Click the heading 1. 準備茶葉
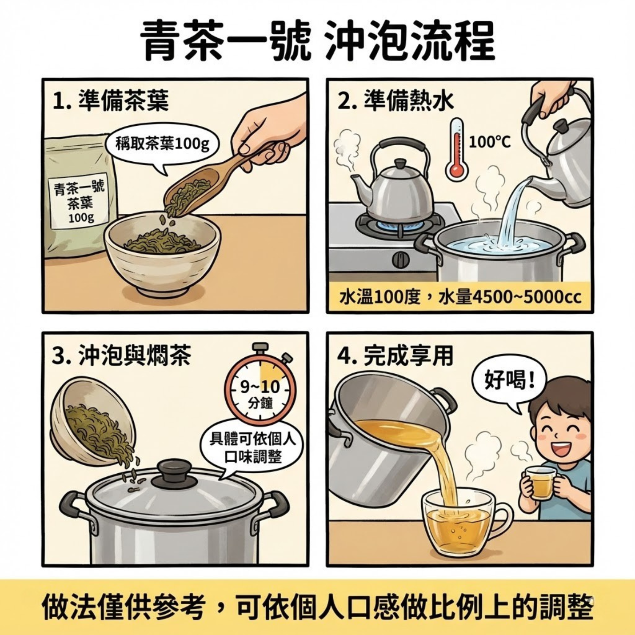111,101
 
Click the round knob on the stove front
400,259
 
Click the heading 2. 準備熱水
395,101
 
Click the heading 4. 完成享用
395,356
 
